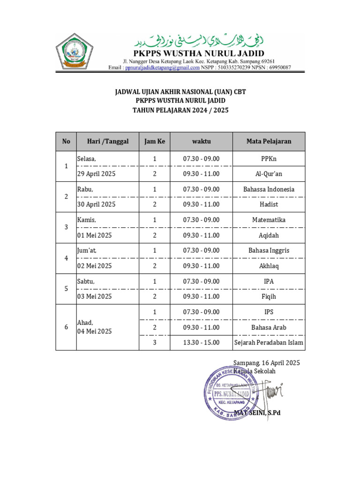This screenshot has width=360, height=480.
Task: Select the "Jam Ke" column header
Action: click(x=155, y=141)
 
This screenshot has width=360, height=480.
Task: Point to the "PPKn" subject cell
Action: click(x=269, y=159)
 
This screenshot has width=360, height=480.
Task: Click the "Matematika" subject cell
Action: click(x=269, y=220)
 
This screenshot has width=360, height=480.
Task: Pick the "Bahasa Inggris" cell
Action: click(x=269, y=250)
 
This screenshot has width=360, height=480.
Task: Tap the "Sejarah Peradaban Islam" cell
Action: click(x=269, y=343)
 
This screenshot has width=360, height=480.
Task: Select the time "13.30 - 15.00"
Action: click(x=201, y=343)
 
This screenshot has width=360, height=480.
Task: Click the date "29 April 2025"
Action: click(x=96, y=174)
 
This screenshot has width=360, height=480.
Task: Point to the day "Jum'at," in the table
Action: click(x=87, y=250)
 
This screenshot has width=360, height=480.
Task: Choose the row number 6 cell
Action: click(x=66, y=327)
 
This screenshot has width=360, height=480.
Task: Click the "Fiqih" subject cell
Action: click(x=269, y=296)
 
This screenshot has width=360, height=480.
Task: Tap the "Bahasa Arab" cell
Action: click(x=269, y=327)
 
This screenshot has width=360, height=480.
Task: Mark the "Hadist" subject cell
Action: click(x=269, y=204)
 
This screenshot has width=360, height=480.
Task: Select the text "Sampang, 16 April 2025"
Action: click(x=266, y=363)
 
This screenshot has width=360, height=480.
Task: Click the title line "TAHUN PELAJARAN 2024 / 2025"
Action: click(x=180, y=110)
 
